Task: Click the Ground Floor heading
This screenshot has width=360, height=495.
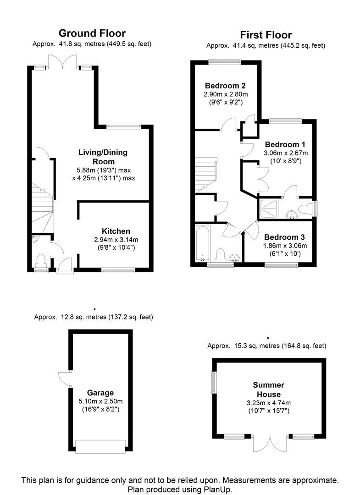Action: (x=92, y=33)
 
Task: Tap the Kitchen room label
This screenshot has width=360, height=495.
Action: (x=116, y=231)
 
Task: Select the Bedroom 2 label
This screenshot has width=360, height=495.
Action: (x=225, y=86)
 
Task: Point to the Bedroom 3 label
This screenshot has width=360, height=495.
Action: (x=284, y=237)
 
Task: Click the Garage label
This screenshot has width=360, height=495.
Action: (x=100, y=393)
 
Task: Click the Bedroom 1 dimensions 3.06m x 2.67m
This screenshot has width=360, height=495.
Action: (x=286, y=153)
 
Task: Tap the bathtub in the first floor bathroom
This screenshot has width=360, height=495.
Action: (x=202, y=243)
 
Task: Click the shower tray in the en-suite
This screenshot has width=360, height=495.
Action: (x=269, y=209)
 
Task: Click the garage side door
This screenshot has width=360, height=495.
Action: (x=65, y=378)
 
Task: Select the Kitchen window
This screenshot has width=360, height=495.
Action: (x=118, y=270)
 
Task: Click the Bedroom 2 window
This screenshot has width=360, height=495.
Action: (x=225, y=62)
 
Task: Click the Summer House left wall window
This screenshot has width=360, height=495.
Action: (x=214, y=382)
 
